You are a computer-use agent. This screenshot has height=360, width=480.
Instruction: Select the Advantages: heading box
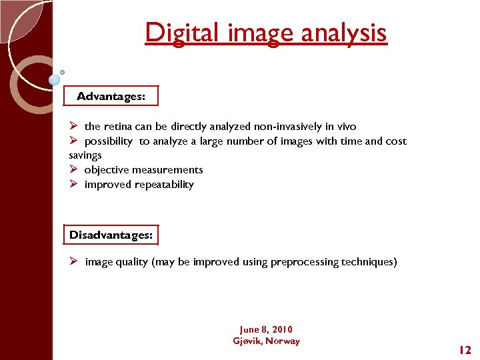coord(111,96)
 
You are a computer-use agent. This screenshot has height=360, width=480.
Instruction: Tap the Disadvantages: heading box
coord(111,235)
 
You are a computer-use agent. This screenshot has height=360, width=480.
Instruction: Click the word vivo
coord(345,127)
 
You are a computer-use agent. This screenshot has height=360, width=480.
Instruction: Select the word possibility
coord(108,141)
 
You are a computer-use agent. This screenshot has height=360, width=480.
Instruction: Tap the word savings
coord(85,155)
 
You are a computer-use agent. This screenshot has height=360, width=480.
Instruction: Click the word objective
coord(108,170)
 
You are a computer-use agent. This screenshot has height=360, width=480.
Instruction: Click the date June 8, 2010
coord(266,329)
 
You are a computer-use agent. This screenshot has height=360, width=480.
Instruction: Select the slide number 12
coord(465,349)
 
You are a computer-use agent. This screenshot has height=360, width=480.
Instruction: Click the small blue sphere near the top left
coord(54,80)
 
